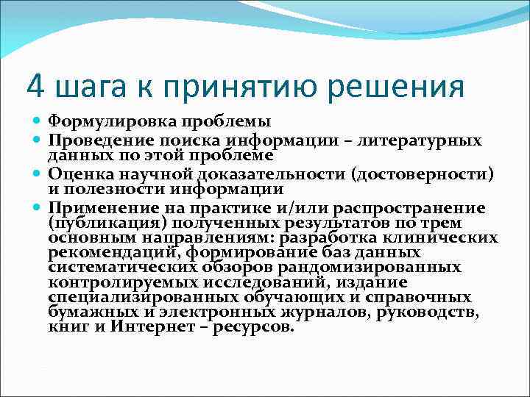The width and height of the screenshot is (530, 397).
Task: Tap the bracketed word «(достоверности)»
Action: point(423,174)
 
